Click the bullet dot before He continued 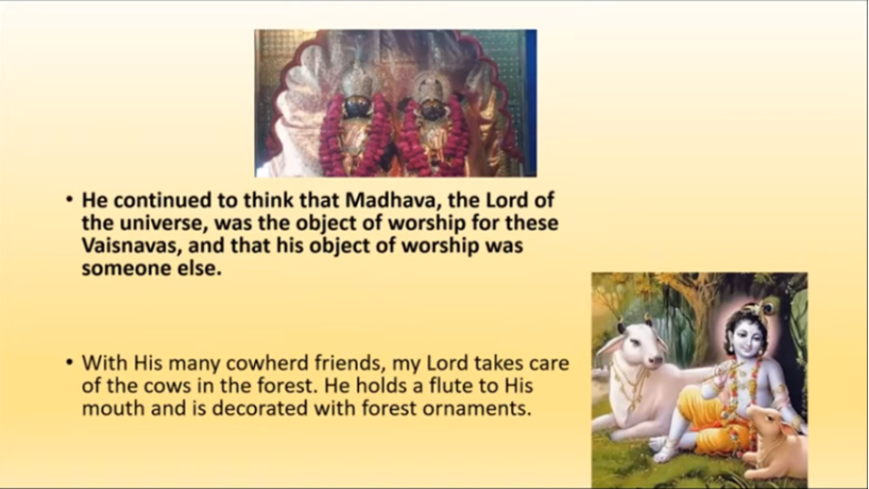tap(68, 199)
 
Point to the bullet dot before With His tap(68, 363)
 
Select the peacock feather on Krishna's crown tap(767, 307)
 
